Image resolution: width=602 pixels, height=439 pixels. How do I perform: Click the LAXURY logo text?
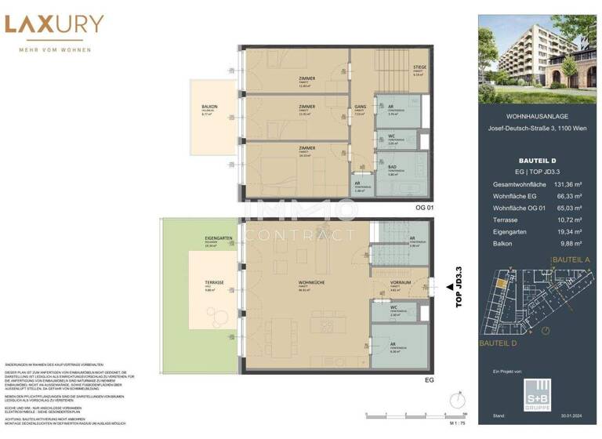pyautogui.click(x=54, y=26)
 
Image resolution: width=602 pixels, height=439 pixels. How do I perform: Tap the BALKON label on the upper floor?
pyautogui.click(x=209, y=107)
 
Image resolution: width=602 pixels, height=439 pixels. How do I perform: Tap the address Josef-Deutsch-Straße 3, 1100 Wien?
pyautogui.click(x=539, y=128)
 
